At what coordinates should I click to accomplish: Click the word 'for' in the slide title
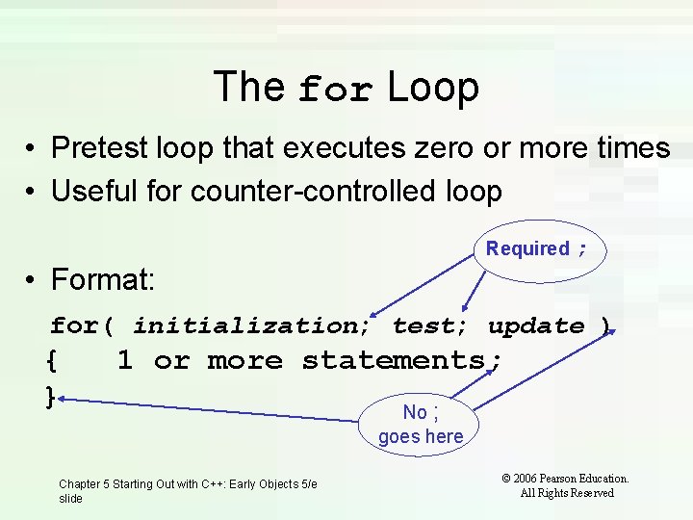(334, 90)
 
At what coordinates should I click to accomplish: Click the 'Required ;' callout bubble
(537, 249)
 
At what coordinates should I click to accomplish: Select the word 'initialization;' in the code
(252, 326)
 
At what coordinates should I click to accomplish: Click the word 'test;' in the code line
(430, 326)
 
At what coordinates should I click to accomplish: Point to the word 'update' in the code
(536, 326)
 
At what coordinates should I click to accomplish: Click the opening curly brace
(51, 362)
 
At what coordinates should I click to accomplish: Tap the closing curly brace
(51, 395)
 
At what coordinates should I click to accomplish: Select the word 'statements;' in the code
(401, 361)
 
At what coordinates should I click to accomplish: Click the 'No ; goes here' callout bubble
(421, 424)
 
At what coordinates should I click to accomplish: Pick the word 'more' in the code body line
(245, 361)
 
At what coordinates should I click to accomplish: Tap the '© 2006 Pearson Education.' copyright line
(566, 478)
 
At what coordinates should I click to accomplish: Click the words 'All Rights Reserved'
(566, 493)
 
